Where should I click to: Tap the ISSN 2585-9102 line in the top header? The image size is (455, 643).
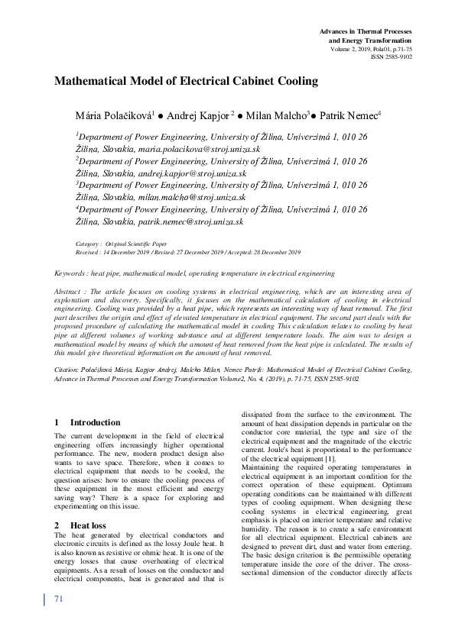(391, 56)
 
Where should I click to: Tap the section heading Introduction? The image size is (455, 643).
(95, 422)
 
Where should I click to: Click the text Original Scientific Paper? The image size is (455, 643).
(135, 244)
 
